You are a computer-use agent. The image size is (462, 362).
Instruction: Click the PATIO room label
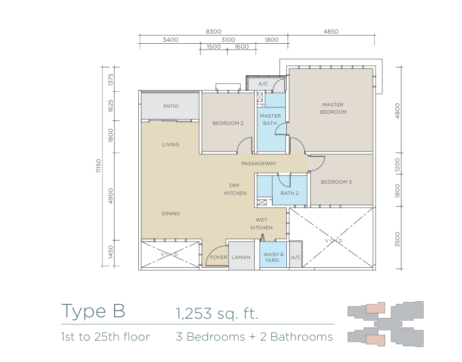171,106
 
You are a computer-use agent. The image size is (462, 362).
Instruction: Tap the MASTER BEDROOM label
333,108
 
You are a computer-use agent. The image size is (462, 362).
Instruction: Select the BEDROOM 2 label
228,123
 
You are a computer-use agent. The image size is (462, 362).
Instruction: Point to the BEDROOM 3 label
336,182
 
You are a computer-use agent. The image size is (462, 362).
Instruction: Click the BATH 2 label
290,193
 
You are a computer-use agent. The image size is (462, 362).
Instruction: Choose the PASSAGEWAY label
259,163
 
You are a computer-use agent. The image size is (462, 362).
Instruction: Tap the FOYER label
218,257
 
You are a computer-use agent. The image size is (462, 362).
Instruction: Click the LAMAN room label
241,257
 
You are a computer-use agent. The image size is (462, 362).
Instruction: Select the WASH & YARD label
273,257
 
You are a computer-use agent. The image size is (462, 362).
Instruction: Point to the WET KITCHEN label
262,224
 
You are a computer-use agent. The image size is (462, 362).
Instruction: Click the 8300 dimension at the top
214,32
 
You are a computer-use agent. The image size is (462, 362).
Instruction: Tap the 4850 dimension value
331,32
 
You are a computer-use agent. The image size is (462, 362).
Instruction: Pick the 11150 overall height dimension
99,166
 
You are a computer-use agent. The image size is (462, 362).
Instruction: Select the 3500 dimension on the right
397,239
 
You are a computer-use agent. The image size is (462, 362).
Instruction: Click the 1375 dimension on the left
111,80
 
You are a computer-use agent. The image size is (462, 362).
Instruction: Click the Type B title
93,311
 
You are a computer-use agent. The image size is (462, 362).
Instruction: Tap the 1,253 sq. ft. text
217,313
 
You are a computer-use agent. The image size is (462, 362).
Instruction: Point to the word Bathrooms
301,337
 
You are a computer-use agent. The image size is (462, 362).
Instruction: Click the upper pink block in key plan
376,308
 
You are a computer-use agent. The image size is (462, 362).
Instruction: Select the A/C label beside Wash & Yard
296,257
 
